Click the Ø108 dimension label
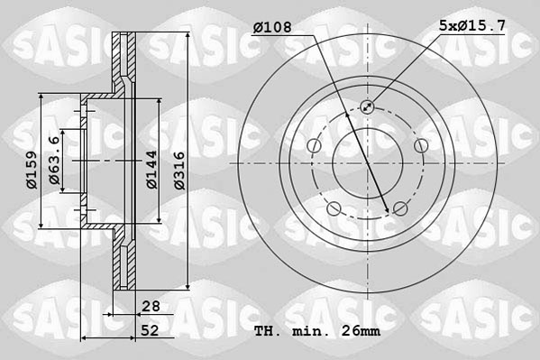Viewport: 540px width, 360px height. click(271, 28)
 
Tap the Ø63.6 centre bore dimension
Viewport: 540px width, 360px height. click(55, 162)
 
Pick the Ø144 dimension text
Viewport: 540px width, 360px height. click(152, 169)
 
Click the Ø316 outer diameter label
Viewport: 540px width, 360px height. click(179, 169)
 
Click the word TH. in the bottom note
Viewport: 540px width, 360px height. click(267, 331)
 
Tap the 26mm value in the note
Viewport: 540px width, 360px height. click(362, 331)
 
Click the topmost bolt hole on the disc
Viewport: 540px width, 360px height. click(367, 107)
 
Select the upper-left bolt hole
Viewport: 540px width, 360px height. click(313, 146)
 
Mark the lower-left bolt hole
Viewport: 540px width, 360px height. click(334, 209)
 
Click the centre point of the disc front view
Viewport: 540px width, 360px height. click(367, 163)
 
